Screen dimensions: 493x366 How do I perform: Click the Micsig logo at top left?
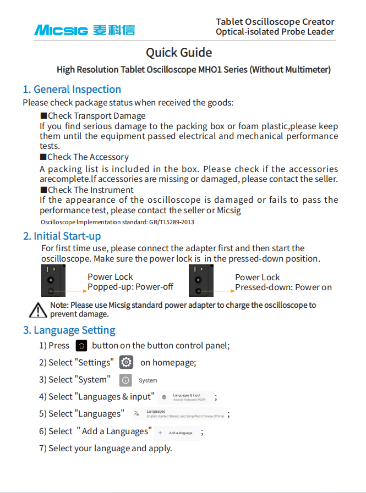[x=84, y=30]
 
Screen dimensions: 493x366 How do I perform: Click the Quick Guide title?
[x=179, y=53]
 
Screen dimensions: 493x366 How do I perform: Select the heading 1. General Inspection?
[x=72, y=90]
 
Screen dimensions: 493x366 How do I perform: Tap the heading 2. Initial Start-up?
[x=62, y=236]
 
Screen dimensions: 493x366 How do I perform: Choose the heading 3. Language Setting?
[x=69, y=330]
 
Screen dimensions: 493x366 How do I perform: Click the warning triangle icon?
[x=38, y=310]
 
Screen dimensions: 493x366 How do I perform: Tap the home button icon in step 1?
[x=81, y=346]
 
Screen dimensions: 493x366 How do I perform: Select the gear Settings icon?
[x=127, y=363]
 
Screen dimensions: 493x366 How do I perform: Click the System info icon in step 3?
[x=125, y=380]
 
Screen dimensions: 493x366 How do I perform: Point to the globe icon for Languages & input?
[x=164, y=397]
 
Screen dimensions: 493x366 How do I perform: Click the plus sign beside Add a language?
[x=160, y=433]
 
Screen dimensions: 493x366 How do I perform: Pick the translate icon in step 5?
[x=136, y=414]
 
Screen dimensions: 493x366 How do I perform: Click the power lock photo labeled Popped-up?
[x=54, y=281]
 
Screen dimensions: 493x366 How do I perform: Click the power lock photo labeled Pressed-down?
[x=201, y=281]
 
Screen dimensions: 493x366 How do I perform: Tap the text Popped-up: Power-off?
[x=130, y=287]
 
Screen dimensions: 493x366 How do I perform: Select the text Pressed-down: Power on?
[x=283, y=287]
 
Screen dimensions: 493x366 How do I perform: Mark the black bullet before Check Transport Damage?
[x=43, y=116]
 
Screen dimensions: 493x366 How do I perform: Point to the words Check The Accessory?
[x=88, y=157]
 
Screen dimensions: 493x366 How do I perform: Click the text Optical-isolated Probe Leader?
[x=275, y=32]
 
